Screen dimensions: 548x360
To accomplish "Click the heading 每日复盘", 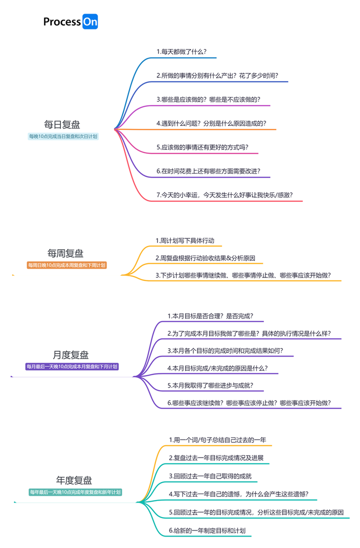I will (62, 124).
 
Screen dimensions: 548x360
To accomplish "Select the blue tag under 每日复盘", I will (63, 136).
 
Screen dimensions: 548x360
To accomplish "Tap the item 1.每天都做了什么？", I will (181, 51).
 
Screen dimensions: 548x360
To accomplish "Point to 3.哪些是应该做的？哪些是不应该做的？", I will (208, 99).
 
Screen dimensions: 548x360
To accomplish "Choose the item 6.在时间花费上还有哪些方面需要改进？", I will (208, 171).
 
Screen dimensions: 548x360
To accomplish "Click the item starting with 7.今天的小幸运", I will (224, 195).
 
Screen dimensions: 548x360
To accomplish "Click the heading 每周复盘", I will (65, 253).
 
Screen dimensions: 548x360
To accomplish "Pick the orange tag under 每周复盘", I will (66, 265).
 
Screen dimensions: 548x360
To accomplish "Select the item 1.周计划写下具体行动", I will (184, 240).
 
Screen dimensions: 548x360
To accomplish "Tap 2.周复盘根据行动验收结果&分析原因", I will (205, 258).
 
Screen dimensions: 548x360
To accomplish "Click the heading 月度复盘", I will (70, 355).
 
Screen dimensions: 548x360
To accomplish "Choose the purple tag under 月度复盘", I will (72, 367).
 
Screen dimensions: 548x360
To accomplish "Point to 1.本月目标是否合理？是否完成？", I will (210, 316).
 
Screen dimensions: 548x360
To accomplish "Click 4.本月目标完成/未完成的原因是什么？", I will (217, 368).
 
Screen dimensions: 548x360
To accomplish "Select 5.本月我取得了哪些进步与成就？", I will (210, 386).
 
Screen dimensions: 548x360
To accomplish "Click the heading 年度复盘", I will (74, 481).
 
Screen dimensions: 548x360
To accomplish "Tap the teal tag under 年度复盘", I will (75, 493).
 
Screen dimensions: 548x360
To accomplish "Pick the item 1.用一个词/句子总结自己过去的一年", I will (217, 440).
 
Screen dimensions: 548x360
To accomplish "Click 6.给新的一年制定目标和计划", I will (207, 531).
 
